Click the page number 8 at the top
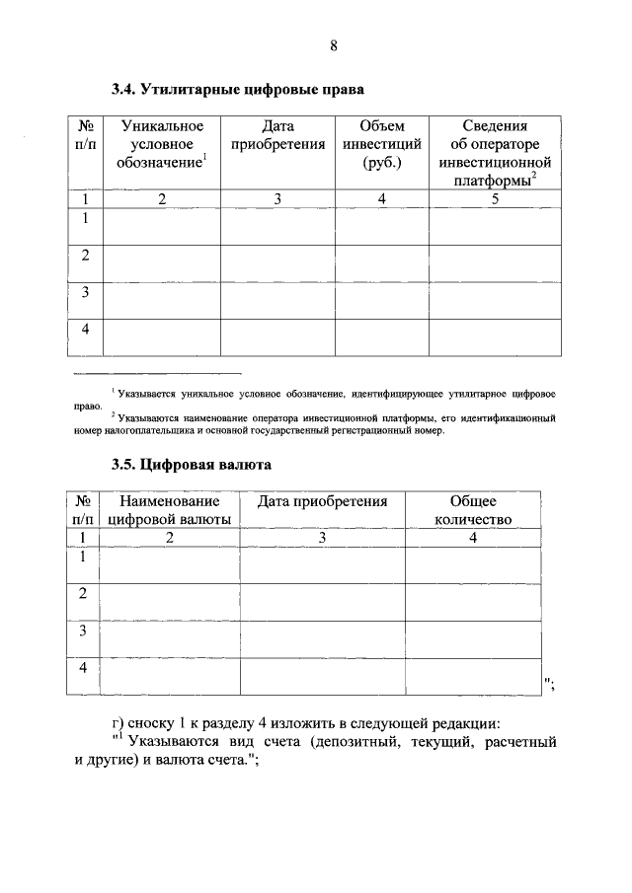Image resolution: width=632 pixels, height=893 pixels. [334, 45]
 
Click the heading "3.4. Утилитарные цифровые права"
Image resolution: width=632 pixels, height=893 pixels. [238, 90]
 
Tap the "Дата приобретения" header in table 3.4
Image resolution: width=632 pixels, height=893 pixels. [277, 136]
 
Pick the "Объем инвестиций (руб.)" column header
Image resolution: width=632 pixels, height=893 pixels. [381, 145]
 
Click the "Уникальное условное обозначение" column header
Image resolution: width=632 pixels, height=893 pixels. [162, 145]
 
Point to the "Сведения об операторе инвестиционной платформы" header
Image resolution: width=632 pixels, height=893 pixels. [495, 153]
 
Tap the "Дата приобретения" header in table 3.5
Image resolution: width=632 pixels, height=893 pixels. [322, 502]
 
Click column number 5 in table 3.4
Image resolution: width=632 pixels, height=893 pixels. [495, 199]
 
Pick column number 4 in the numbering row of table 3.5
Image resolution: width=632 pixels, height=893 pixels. [473, 538]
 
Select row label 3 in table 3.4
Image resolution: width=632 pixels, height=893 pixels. [86, 293]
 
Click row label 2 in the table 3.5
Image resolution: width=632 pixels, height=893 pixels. [84, 594]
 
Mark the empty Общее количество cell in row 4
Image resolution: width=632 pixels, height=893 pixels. [473, 676]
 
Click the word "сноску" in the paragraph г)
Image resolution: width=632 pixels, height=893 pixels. [148, 722]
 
